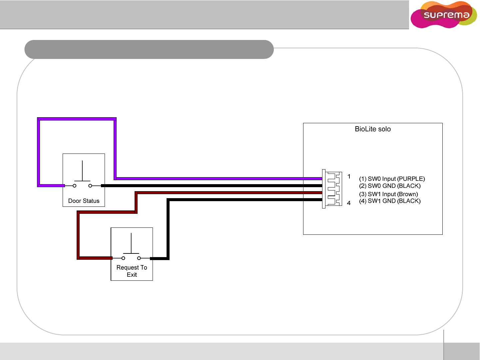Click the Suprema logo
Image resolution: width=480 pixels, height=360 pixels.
pos(444,15)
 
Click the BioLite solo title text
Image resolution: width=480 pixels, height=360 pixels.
pos(373,129)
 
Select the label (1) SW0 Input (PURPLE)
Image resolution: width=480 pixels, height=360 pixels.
pos(392,179)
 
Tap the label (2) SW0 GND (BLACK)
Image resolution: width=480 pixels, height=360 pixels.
pos(390,186)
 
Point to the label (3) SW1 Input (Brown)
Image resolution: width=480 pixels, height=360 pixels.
pos(388,194)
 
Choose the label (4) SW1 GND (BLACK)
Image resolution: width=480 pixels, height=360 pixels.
pos(390,201)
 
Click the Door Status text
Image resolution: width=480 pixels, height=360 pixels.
pos(84,201)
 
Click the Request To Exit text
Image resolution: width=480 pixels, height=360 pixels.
pos(132,271)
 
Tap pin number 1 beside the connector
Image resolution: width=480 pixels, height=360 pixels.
pos(349,177)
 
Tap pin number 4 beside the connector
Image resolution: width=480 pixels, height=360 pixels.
pos(349,203)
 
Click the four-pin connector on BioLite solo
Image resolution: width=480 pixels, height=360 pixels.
pos(332,189)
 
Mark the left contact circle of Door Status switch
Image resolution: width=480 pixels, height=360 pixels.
pos(75,186)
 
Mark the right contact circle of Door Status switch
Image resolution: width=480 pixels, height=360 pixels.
pos(90,186)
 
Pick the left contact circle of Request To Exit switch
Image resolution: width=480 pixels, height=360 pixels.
pos(123,258)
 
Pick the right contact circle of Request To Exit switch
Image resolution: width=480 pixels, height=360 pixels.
pos(139,258)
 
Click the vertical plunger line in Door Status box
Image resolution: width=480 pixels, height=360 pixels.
pos(82,171)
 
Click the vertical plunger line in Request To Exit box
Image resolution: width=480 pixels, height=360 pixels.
pos(131,243)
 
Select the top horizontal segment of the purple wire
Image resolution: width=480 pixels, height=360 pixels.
pos(77,119)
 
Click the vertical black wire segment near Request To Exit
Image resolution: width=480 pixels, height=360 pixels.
pos(168,230)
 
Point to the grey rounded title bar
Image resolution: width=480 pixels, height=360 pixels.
pos(149,49)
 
